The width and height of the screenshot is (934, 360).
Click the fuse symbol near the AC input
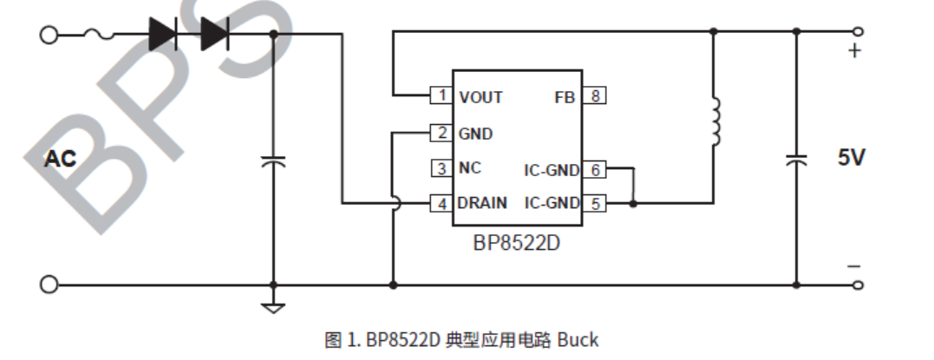(99, 35)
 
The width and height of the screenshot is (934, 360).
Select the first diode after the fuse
(163, 34)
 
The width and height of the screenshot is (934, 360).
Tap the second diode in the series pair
(214, 34)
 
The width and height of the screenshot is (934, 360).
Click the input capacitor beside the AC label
(274, 161)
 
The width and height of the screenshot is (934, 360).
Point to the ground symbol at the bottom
(274, 305)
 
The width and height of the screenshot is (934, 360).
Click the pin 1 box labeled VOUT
(441, 95)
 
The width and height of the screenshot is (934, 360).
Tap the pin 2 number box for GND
(441, 133)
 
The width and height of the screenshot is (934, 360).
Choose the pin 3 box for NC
(441, 168)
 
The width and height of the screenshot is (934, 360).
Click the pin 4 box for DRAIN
(441, 204)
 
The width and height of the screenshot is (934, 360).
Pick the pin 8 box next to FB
(594, 96)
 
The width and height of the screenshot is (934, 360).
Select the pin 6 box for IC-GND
(594, 169)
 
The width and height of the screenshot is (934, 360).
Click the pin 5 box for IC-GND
(594, 204)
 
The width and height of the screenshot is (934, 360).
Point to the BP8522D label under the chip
(517, 243)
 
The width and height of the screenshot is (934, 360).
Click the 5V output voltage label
(852, 158)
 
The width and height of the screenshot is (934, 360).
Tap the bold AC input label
(61, 159)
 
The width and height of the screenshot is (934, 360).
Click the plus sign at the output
(855, 51)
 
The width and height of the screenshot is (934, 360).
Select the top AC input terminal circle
(49, 35)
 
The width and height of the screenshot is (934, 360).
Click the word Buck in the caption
(577, 339)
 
